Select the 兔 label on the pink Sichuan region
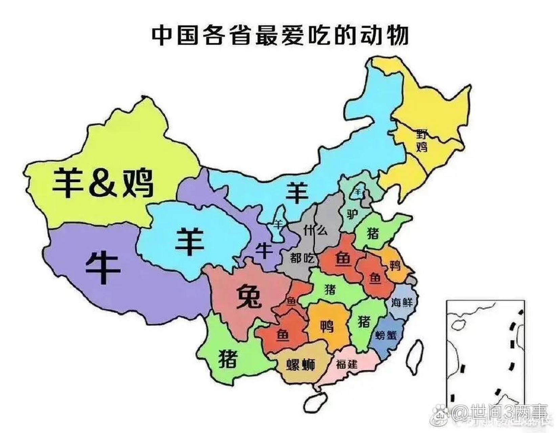click(249, 296)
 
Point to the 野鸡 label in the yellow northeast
click(421, 140)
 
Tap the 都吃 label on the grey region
click(302, 259)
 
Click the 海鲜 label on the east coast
click(402, 302)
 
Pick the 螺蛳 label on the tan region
click(300, 365)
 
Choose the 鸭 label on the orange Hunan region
click(327, 327)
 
